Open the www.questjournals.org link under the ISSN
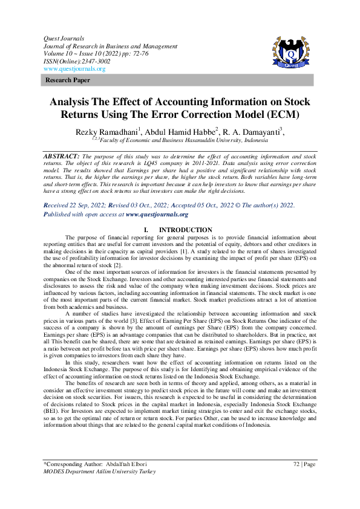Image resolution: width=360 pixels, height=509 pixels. pyautogui.click(x=74, y=69)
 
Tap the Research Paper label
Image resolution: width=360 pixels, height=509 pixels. pyautogui.click(x=68, y=80)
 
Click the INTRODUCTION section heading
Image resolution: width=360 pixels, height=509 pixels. pyautogui.click(x=185, y=230)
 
